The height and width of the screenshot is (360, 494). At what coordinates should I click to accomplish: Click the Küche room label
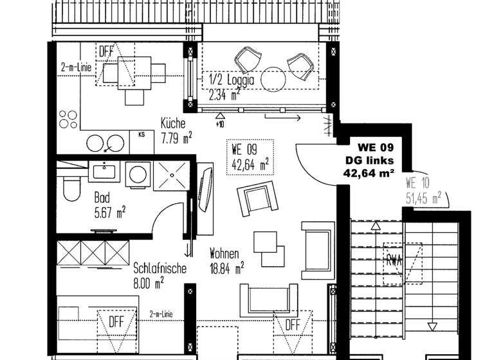[173, 123]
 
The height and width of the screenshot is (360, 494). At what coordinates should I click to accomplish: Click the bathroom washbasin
[104, 172]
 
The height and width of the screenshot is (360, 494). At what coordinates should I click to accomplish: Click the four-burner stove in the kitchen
[68, 120]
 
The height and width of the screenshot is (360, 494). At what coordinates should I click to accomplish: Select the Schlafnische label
[160, 268]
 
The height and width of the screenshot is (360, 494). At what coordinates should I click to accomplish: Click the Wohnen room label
[224, 253]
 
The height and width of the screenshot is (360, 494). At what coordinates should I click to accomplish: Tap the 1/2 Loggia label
[232, 81]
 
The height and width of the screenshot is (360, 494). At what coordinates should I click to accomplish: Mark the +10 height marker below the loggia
[219, 123]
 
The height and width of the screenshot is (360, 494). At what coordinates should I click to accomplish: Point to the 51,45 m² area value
[423, 197]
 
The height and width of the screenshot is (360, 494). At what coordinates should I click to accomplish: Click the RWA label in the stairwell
[394, 261]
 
